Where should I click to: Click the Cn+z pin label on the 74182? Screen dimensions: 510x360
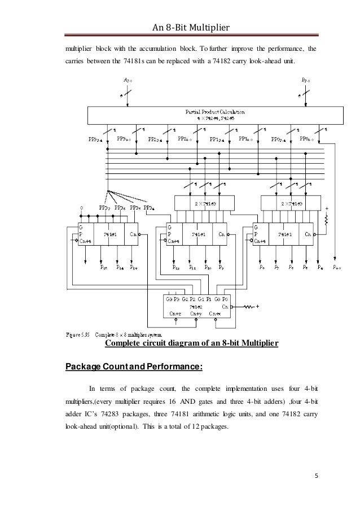point(175,313)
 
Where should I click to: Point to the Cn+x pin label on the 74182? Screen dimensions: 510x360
point(215,313)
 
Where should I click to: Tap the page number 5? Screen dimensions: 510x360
point(316,483)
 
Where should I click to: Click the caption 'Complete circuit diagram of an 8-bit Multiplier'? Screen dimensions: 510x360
point(191,343)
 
